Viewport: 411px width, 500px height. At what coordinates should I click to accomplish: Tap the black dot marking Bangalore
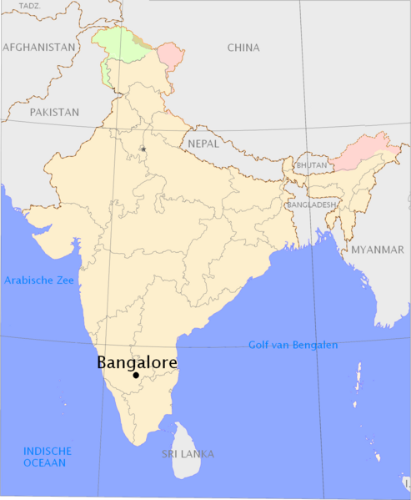[x=136, y=376]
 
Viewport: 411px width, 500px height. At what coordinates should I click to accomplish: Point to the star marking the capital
[x=143, y=149]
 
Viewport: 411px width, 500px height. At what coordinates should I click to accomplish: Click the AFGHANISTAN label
[x=39, y=48]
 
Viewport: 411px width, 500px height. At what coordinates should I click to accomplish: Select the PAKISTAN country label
[x=54, y=111]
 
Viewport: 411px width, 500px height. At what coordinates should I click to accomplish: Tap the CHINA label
[x=243, y=48]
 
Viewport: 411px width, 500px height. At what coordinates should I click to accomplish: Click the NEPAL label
[x=204, y=143]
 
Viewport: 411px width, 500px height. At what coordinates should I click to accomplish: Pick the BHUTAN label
[x=312, y=166]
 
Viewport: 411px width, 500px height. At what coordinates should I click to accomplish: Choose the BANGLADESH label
[x=311, y=205]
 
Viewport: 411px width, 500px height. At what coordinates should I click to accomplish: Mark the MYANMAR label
[x=377, y=250]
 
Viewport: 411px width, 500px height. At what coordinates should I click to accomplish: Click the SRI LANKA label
[x=188, y=454]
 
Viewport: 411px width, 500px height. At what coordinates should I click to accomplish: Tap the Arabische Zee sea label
[x=39, y=280]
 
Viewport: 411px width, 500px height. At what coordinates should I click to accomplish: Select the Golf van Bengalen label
[x=293, y=345]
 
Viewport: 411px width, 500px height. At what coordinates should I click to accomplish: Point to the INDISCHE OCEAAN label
[x=48, y=457]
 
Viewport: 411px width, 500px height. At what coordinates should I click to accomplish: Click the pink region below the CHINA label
[x=171, y=56]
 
